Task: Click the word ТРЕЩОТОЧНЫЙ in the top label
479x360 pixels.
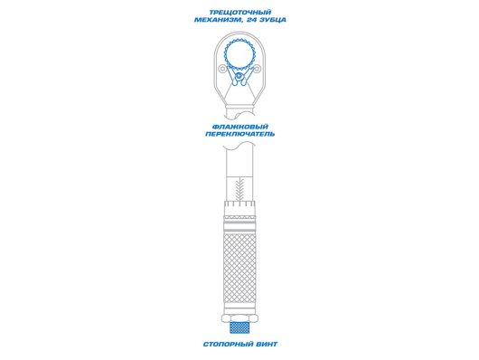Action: (x=240, y=13)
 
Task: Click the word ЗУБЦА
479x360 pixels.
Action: (x=272, y=20)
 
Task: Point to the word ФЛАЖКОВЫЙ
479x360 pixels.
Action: (x=240, y=127)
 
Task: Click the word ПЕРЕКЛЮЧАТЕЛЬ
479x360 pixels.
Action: (x=240, y=134)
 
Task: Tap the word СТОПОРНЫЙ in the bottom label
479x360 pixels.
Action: (x=225, y=344)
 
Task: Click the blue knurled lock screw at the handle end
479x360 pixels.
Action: (x=239, y=327)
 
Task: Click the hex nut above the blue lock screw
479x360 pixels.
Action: (x=239, y=318)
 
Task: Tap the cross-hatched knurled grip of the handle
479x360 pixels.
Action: (x=239, y=269)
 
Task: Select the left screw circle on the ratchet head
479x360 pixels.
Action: (x=222, y=69)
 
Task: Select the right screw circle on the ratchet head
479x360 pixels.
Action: (x=258, y=70)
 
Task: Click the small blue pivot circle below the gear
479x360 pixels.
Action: (x=239, y=75)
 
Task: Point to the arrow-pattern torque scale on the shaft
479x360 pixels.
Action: (x=240, y=189)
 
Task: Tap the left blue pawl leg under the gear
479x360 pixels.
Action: (x=231, y=75)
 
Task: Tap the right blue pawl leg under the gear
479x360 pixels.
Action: (x=248, y=75)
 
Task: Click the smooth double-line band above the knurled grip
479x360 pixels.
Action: (x=239, y=227)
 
